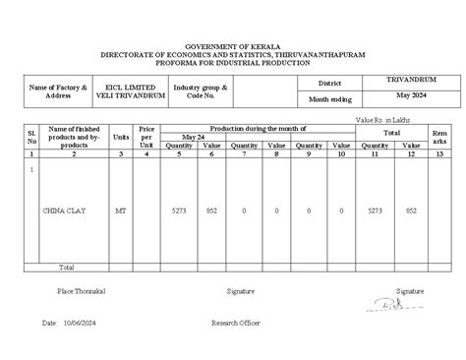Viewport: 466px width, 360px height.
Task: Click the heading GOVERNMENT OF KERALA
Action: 233,46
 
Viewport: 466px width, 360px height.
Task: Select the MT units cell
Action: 121,210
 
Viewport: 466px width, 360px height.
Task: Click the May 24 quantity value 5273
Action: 179,210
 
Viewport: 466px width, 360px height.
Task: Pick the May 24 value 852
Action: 211,210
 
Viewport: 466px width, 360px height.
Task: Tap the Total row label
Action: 66,267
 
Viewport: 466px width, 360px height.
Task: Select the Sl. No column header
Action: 32,136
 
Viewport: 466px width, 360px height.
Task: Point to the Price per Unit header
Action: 146,136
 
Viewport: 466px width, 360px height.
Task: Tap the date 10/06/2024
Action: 80,322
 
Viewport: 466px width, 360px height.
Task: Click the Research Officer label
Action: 236,322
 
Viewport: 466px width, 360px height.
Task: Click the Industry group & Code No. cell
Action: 201,90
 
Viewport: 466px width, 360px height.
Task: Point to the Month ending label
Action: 329,99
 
